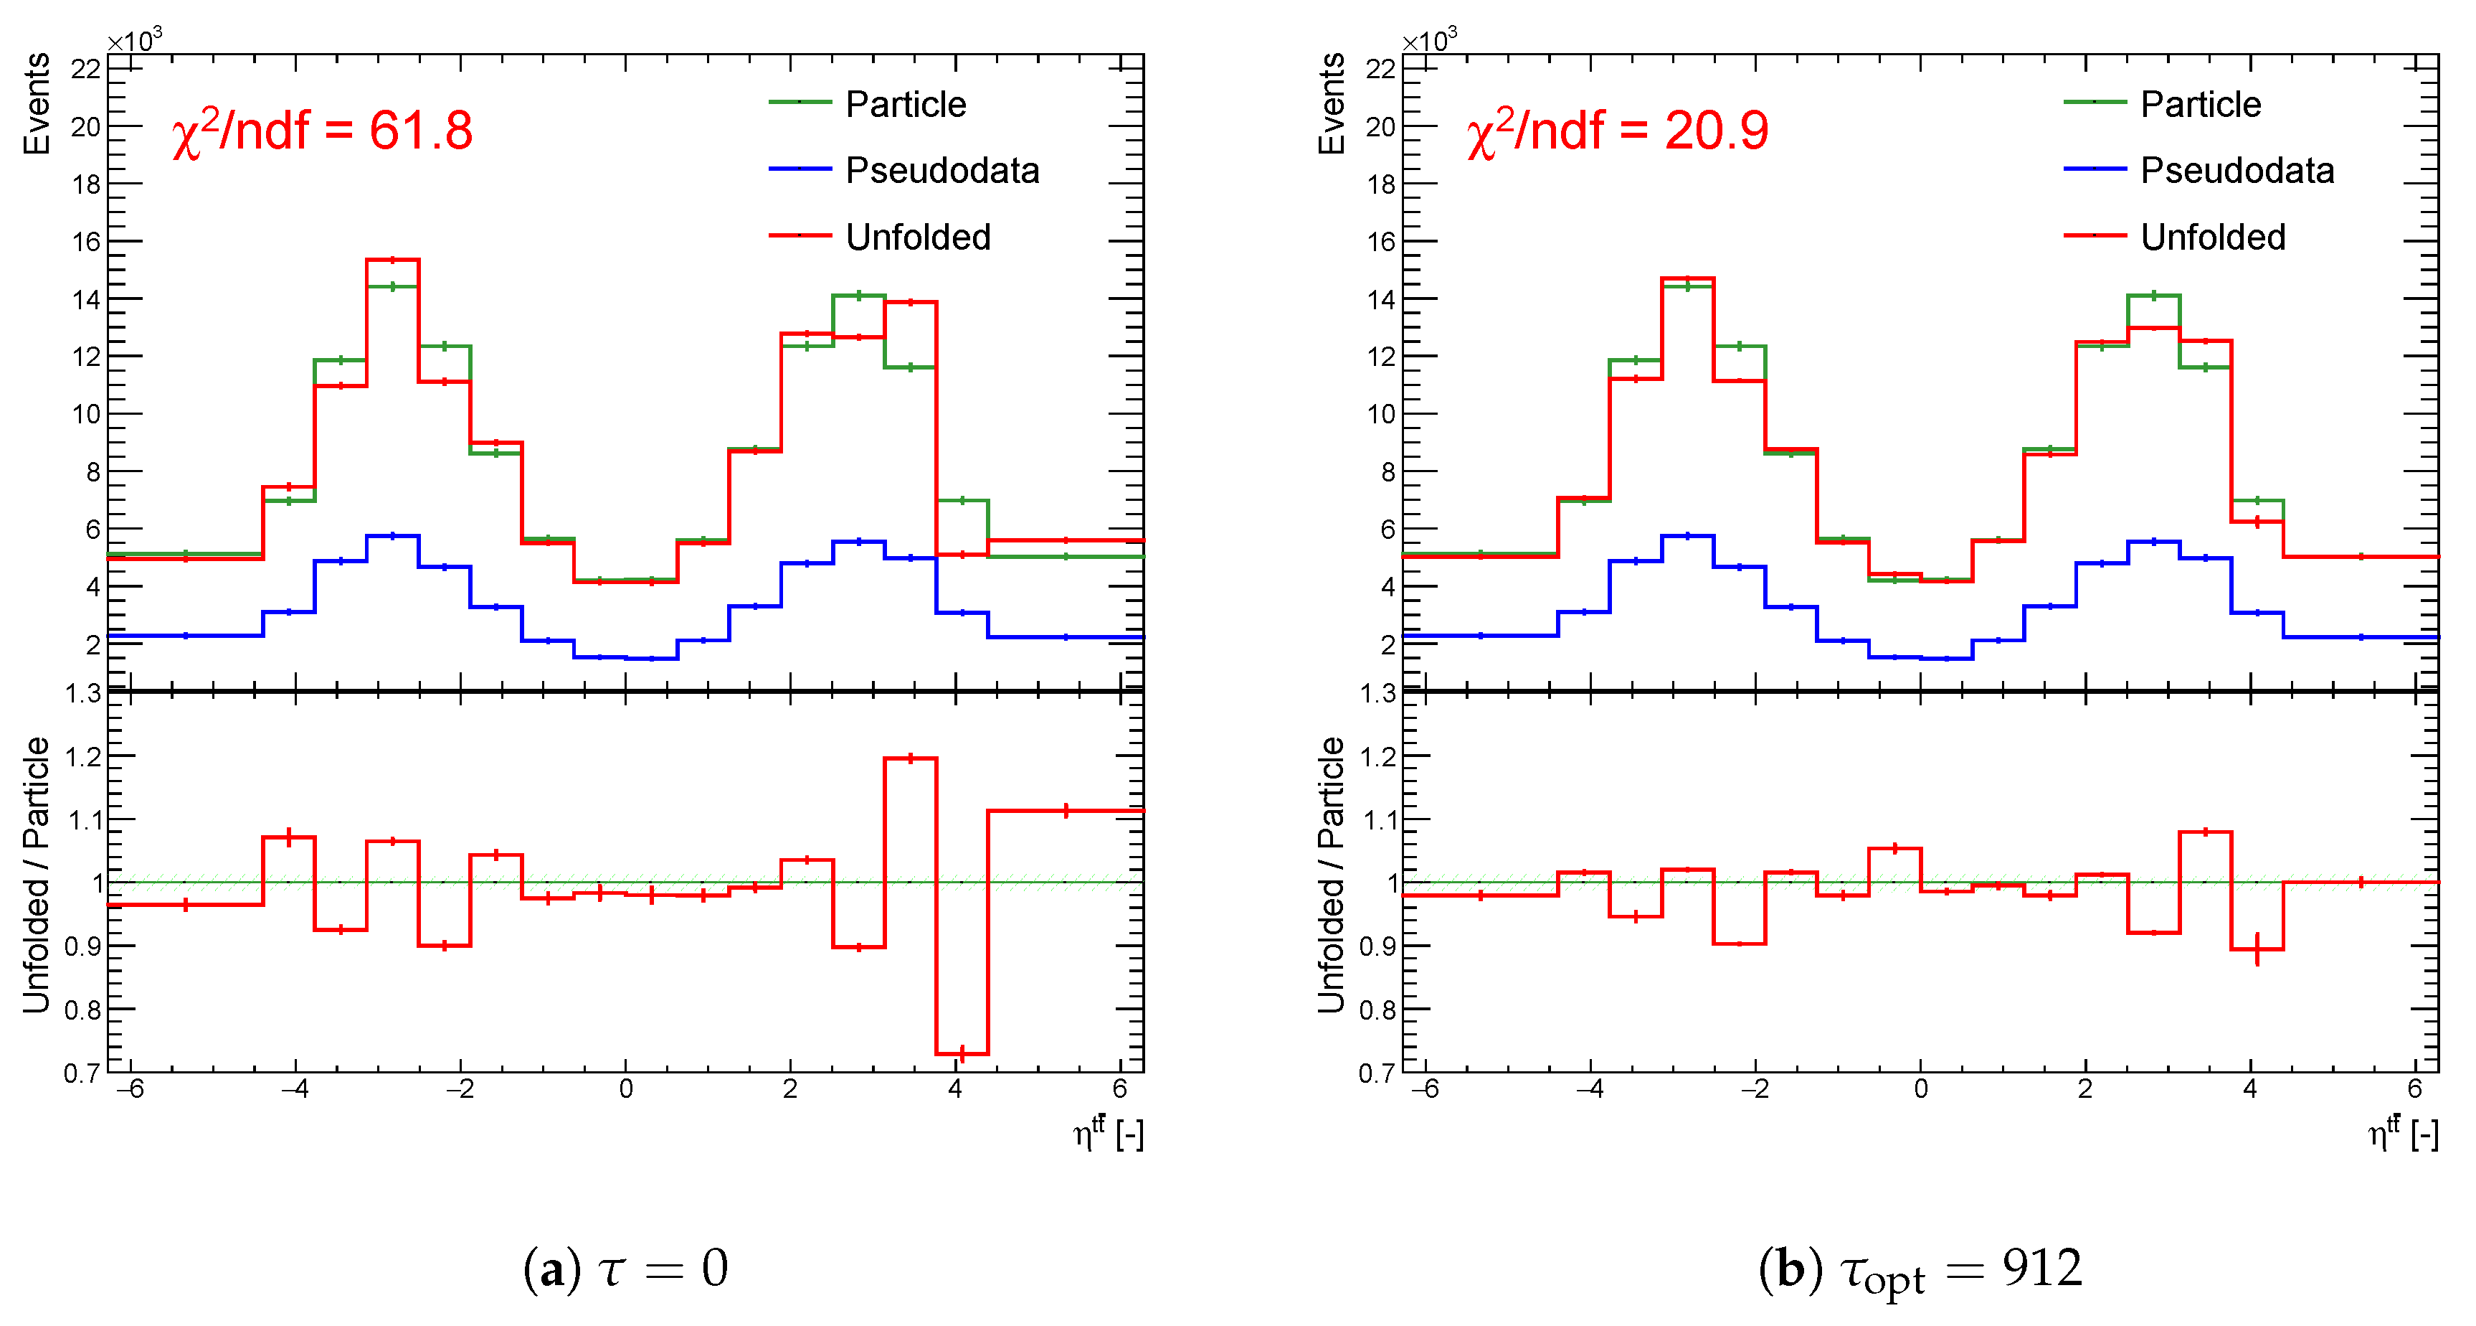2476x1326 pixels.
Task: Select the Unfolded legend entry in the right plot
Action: (2213, 237)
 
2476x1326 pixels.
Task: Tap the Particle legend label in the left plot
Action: (906, 104)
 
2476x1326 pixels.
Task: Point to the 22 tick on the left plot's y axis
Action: (85, 68)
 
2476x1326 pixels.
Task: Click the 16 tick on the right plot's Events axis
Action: (1380, 241)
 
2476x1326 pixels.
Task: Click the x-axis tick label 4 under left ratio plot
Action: (954, 1088)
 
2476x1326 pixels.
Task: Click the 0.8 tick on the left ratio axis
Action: (82, 1010)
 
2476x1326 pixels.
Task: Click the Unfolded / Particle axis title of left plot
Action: (37, 875)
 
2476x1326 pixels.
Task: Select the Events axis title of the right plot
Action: (1332, 104)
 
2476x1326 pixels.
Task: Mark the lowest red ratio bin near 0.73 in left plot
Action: (962, 1054)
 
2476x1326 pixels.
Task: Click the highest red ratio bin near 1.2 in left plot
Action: (910, 758)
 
